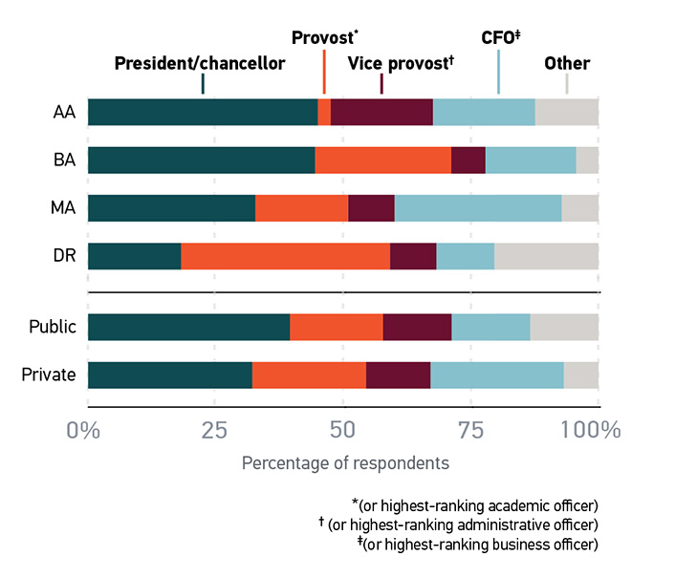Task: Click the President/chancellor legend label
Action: click(199, 64)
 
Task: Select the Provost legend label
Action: click(324, 38)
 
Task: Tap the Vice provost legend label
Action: click(400, 64)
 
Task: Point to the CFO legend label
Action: click(498, 38)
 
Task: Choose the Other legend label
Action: click(567, 64)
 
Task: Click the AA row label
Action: click(64, 112)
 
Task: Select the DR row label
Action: click(64, 257)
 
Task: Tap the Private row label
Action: click(49, 375)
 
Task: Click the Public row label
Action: click(52, 327)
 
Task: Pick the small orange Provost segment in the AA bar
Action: click(324, 112)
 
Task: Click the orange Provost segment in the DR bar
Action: click(285, 257)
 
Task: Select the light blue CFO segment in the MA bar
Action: click(477, 208)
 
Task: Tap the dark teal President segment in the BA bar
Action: click(201, 161)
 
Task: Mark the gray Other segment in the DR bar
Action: click(546, 257)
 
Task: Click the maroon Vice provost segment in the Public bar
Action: click(417, 327)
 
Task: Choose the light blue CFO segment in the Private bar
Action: click(496, 375)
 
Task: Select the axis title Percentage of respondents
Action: click(344, 463)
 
